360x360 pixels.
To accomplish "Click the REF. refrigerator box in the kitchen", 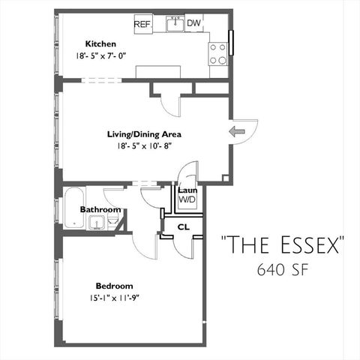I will [142, 24].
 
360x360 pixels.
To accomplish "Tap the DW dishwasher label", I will [193, 23].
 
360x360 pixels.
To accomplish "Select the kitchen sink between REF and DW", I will [174, 24].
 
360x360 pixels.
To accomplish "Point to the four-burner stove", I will [218, 52].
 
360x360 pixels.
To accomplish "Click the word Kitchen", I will [100, 43].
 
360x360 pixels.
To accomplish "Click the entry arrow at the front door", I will [238, 132].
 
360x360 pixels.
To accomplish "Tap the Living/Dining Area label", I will [143, 135].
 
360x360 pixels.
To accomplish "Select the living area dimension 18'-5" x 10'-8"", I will [142, 148].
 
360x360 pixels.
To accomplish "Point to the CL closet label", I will [182, 226].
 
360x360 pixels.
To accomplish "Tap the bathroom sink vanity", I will [96, 222].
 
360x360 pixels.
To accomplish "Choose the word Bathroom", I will [100, 209].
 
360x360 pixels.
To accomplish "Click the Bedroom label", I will [114, 286].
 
